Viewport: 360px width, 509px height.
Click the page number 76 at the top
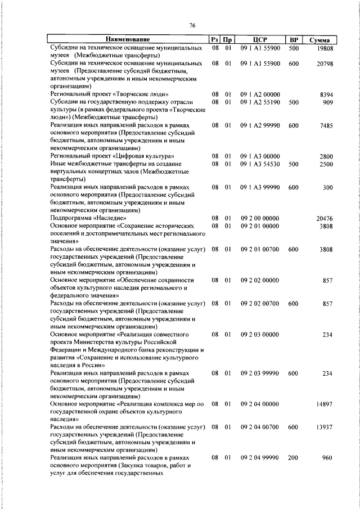click(192, 25)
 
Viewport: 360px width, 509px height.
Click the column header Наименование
click(129, 40)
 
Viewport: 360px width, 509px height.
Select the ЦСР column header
click(259, 40)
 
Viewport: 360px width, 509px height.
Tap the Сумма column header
click(319, 40)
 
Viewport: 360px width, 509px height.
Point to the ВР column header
click(293, 40)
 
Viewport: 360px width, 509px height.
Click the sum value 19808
click(325, 49)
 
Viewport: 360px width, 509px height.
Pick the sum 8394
click(327, 94)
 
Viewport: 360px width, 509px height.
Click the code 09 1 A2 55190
click(260, 102)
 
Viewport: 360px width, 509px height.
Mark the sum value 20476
click(325, 217)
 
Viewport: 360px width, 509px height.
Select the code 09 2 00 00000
click(260, 217)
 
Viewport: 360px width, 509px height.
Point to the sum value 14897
click(325, 404)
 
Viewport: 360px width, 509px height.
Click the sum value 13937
click(325, 427)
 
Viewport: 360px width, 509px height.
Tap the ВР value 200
click(293, 458)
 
